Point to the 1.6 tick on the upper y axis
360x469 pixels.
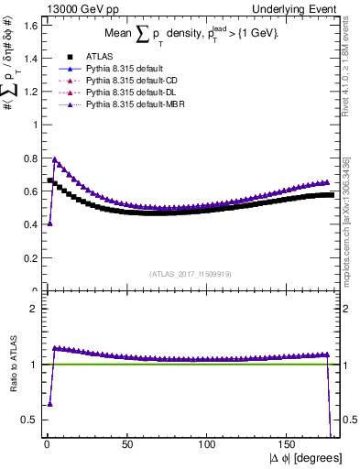[30, 25]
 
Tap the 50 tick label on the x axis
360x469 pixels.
[125, 444]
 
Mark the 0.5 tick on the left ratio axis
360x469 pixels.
[30, 420]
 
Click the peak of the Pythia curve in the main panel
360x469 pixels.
[55, 159]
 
